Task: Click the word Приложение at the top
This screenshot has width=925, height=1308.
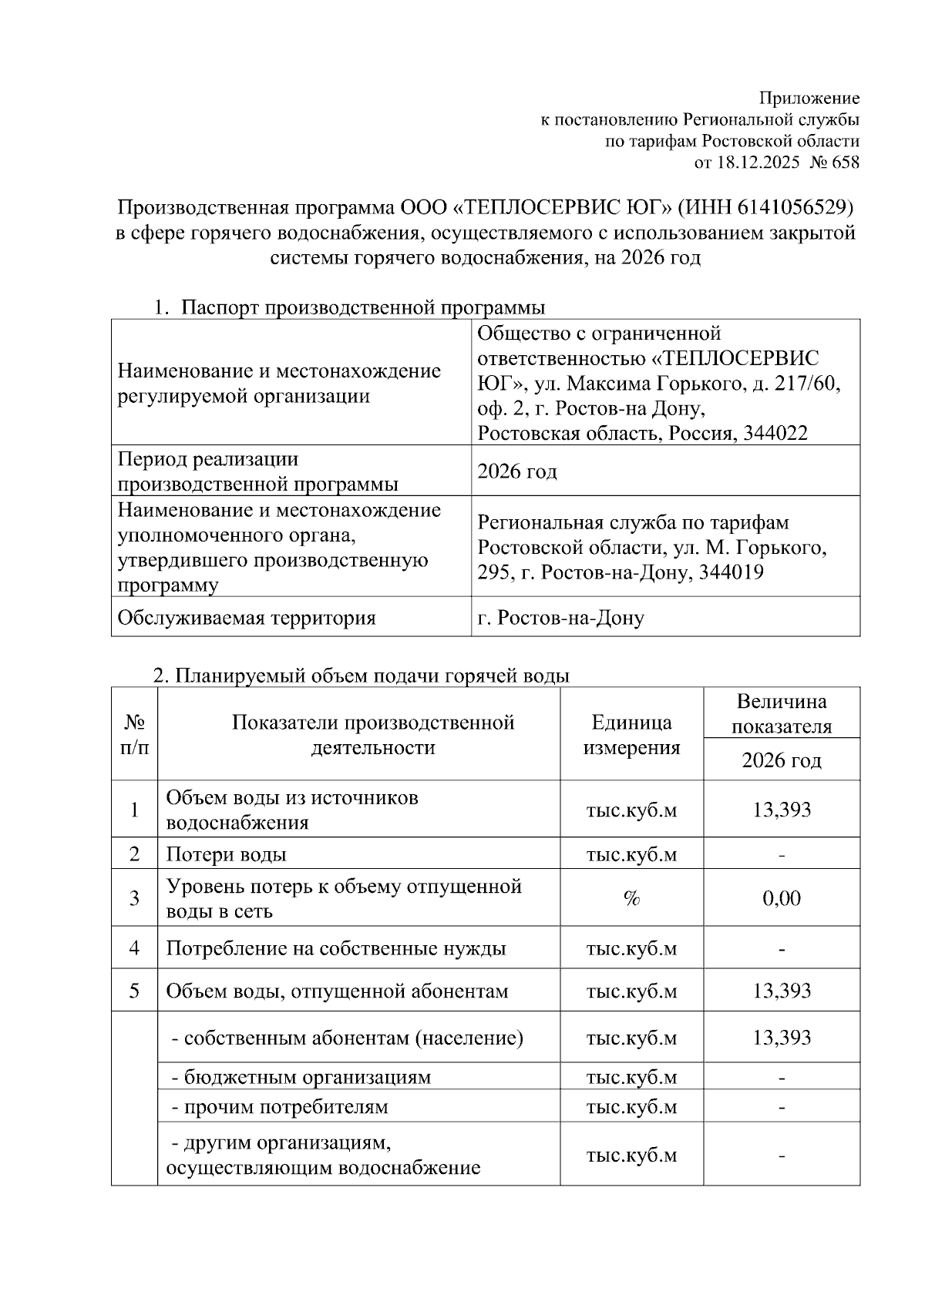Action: (809, 99)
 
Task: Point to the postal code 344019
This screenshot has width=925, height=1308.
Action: (731, 572)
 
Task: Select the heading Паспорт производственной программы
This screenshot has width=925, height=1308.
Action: (362, 308)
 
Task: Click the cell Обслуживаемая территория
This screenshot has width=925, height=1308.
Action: (247, 617)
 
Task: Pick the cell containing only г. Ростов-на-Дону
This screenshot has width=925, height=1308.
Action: (560, 617)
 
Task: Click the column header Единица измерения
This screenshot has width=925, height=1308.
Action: (631, 734)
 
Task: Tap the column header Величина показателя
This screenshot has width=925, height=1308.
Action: (782, 713)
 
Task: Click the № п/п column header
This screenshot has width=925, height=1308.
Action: (134, 734)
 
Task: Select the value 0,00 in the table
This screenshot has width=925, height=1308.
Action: (782, 898)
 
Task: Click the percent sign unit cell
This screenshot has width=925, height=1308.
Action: (631, 898)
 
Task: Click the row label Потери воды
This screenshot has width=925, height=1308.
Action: (227, 854)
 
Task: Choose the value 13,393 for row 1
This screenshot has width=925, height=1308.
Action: (782, 810)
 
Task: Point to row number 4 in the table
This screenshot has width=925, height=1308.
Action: (134, 947)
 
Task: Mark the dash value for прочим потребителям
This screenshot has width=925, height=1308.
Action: (782, 1108)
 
